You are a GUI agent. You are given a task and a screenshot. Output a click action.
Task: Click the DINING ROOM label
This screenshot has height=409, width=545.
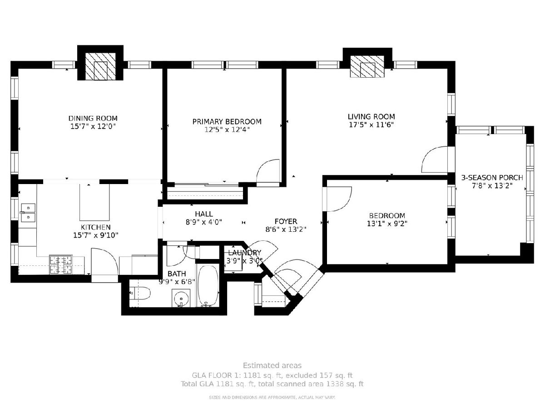point(93,118)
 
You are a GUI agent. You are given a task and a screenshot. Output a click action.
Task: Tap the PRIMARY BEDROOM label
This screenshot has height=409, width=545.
point(227,122)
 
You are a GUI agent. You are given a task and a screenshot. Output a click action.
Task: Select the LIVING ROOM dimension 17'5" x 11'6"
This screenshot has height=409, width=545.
point(372,125)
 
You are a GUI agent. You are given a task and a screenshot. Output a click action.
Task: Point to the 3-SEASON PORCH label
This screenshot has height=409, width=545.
point(492,178)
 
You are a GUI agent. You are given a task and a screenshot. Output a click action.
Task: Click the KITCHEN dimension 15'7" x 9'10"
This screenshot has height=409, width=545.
point(95,235)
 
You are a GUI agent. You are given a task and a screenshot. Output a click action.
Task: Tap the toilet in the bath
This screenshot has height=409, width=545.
point(140,294)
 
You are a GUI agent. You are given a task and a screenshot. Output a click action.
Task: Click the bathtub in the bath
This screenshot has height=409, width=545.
point(208,286)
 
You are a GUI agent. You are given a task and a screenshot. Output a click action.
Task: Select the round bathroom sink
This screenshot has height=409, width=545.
point(181,298)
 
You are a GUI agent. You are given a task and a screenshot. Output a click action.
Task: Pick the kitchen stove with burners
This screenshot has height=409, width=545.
point(61,264)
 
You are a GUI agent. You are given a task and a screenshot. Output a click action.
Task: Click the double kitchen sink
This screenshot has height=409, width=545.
point(28,213)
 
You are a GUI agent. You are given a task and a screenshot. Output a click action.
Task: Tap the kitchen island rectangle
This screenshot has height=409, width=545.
point(94,202)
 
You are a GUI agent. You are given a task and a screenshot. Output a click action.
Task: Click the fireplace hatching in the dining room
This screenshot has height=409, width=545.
point(100,66)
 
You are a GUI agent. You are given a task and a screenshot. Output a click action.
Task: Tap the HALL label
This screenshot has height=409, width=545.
point(204,214)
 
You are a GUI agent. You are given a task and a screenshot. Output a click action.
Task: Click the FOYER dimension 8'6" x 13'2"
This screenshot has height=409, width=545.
point(286,229)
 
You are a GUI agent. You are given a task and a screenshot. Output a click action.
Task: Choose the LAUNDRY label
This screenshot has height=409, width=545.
point(244,253)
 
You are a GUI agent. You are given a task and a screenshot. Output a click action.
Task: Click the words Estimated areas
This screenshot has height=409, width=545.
point(272,365)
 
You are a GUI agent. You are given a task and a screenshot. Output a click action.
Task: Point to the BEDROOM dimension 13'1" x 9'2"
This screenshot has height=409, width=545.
point(387,224)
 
